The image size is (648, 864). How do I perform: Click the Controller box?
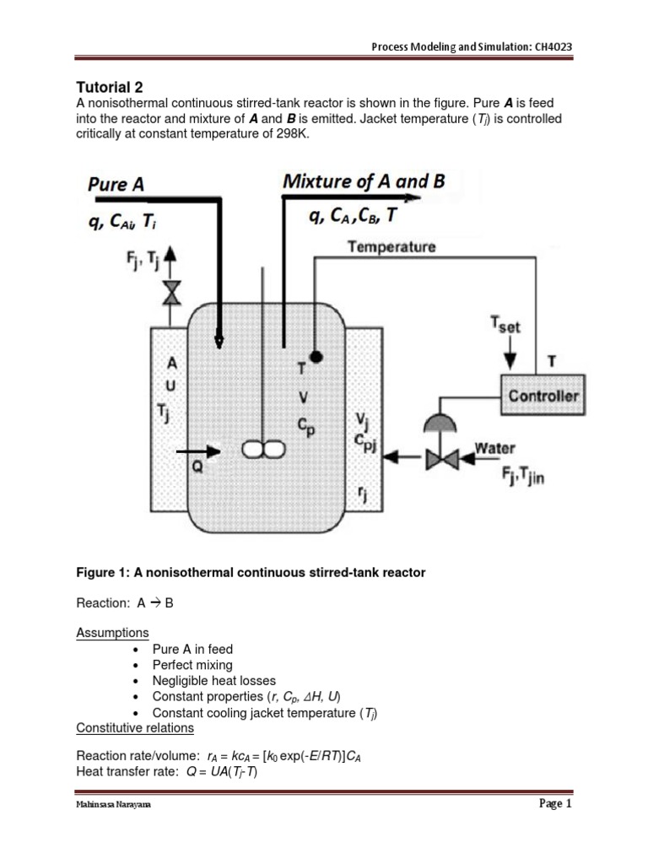[541, 396]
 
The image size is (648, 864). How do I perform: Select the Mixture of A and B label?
[364, 181]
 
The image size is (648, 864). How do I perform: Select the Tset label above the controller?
[507, 325]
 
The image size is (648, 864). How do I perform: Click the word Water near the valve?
[495, 448]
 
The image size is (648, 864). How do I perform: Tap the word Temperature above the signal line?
[391, 247]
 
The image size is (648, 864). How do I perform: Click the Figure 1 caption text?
[251, 573]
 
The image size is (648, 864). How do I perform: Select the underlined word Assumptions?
[112, 633]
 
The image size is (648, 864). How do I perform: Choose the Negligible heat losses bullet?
[213, 681]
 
